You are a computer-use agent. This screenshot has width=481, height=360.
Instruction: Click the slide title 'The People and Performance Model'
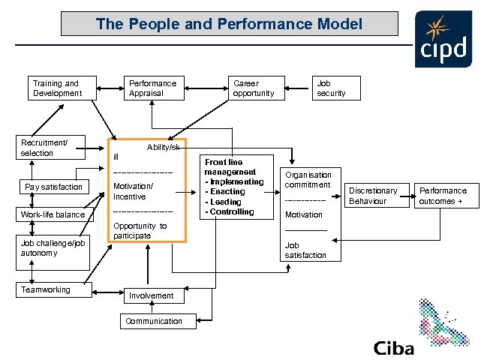coord(229,24)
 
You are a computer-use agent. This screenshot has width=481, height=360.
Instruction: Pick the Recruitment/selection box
coord(52,148)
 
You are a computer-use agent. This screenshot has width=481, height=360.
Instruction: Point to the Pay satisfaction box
coord(53,187)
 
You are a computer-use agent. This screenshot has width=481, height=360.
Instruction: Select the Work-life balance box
coord(53,215)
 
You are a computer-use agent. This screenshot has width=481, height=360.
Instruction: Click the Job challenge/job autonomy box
coord(53,248)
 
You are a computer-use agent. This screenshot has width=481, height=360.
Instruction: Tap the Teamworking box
coord(53,290)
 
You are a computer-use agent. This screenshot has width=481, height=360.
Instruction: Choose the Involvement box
coord(151,295)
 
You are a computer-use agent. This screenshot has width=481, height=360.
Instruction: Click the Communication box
coord(154,321)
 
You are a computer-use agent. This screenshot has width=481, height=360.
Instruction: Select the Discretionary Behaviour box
coord(372,196)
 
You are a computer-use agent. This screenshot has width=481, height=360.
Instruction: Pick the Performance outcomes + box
coord(445,196)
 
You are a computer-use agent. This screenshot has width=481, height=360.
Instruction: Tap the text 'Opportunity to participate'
coord(140,231)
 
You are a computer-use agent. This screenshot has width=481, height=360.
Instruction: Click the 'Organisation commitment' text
coord(308,179)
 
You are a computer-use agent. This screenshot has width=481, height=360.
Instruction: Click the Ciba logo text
coord(393,347)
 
